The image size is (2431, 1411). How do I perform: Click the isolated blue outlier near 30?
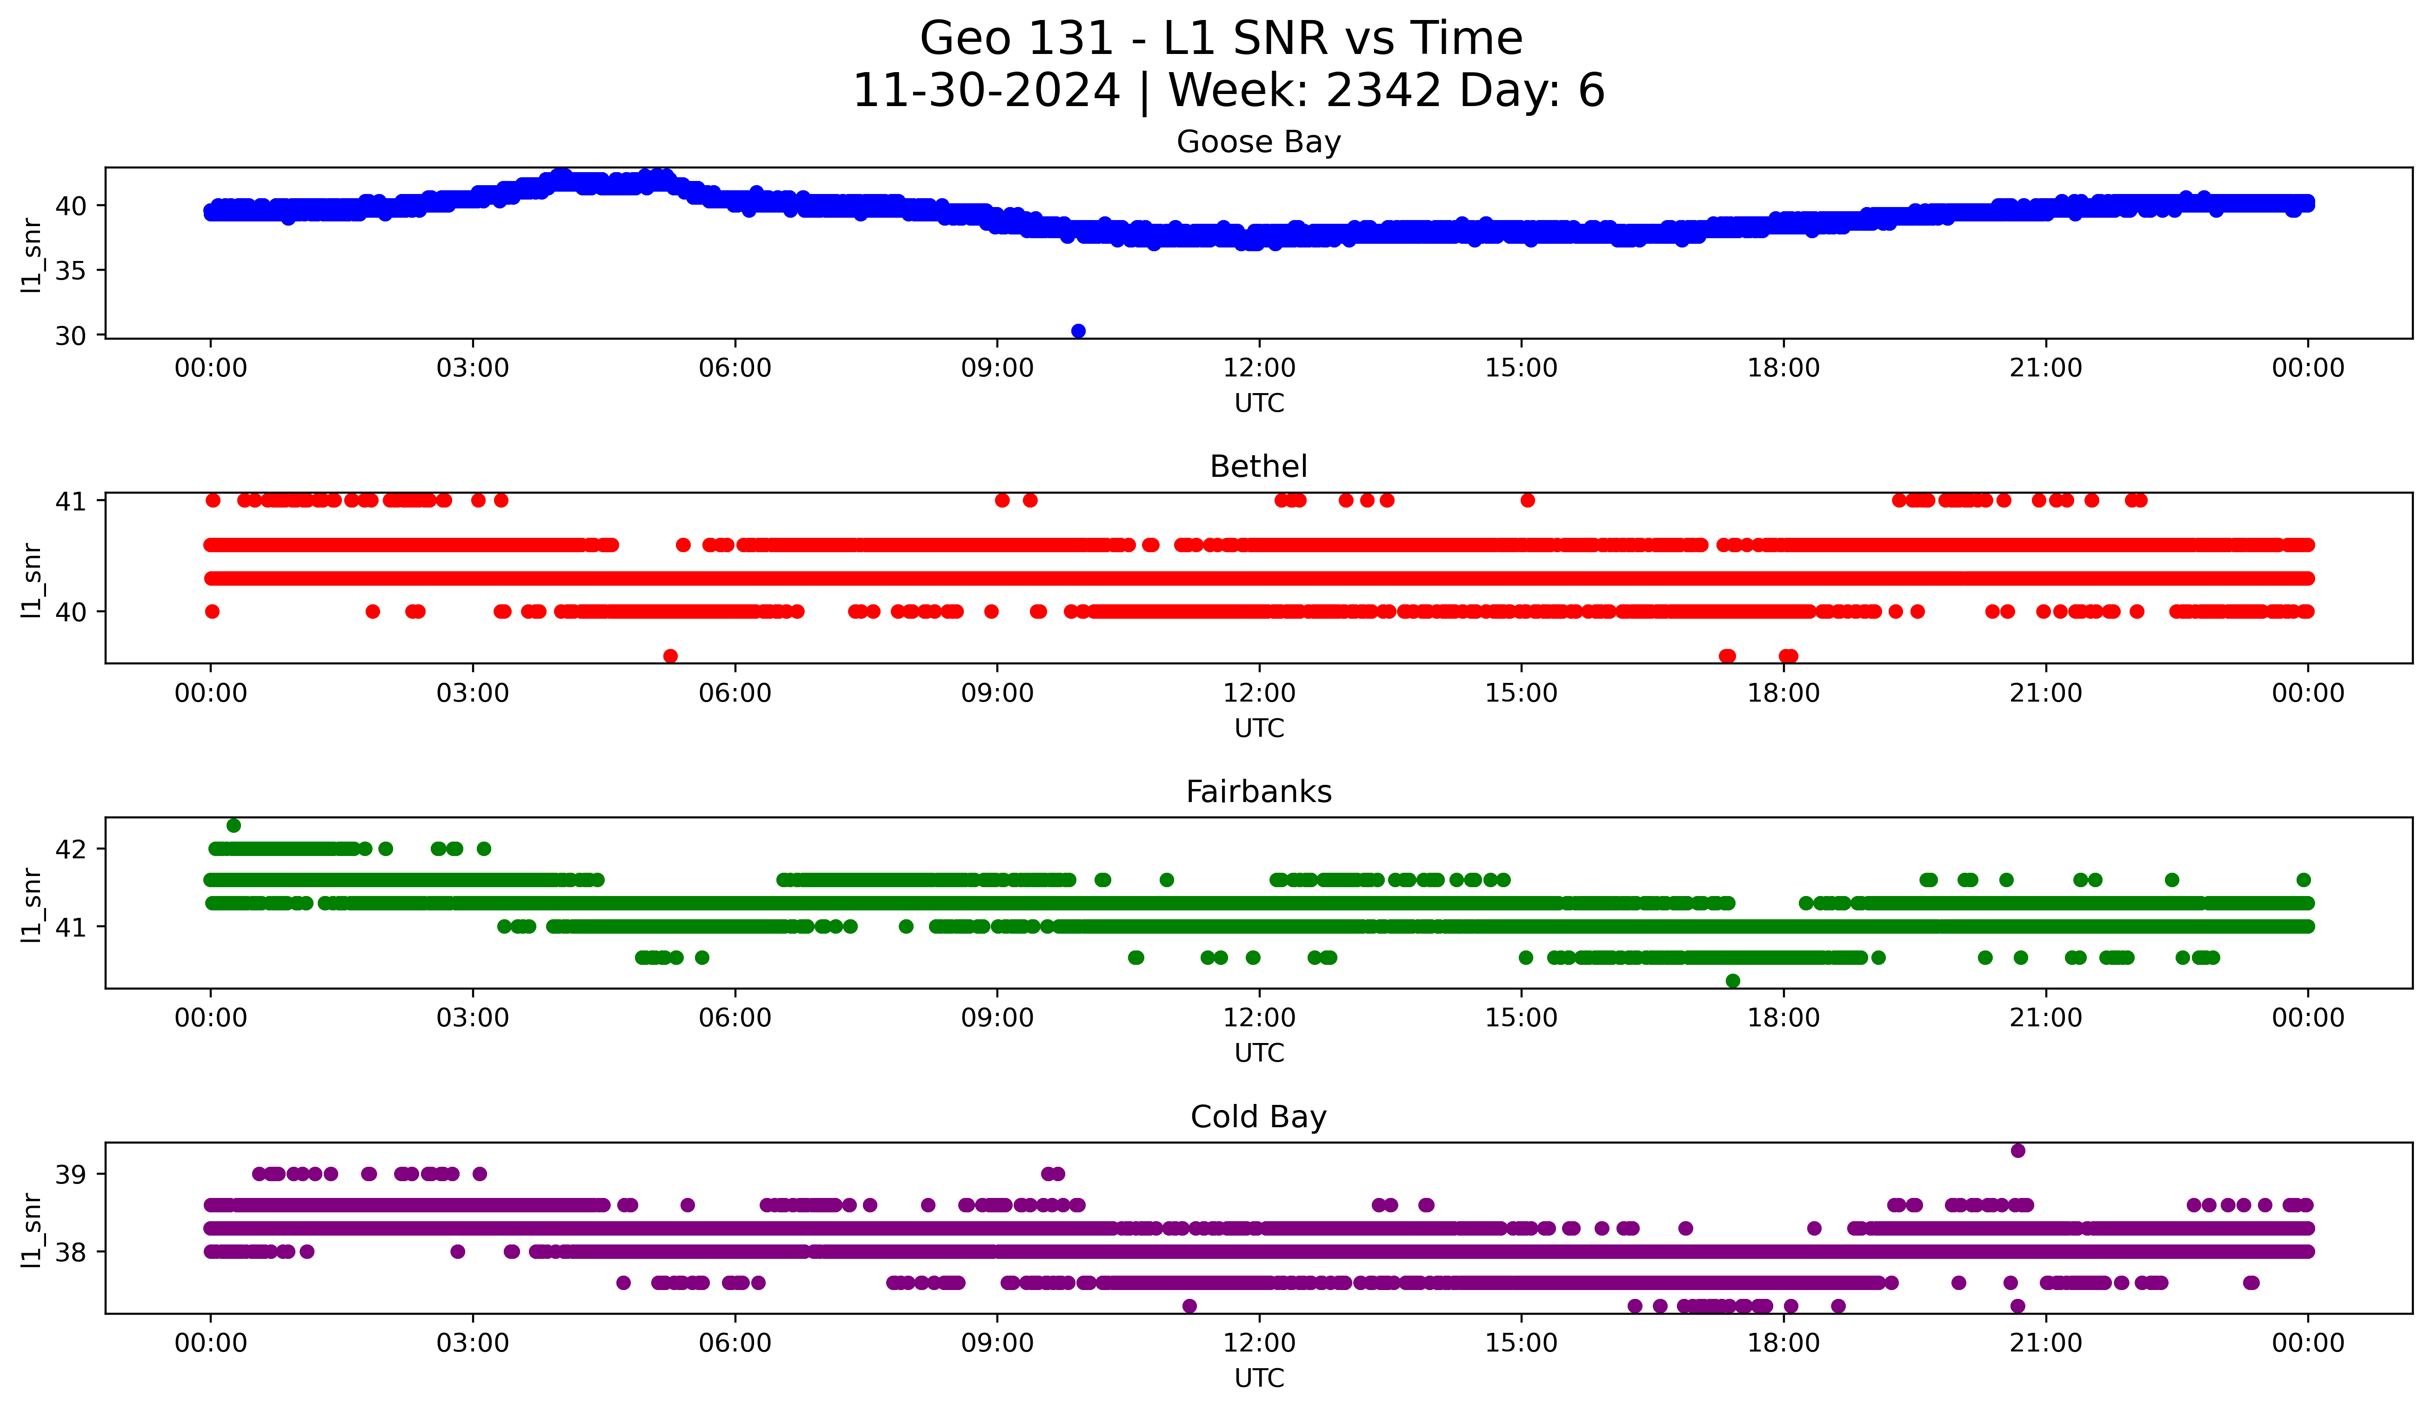pos(1079,331)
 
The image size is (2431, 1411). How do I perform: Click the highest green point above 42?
pos(234,826)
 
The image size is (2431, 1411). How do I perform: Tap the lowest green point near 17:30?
pos(1733,981)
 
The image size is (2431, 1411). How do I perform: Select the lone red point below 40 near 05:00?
pos(670,656)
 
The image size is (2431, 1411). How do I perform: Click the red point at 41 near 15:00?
pos(1527,500)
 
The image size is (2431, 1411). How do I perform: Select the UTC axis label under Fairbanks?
pos(1259,1053)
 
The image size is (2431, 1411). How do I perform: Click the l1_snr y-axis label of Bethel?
pos(32,579)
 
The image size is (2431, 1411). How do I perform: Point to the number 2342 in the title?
pos(1383,91)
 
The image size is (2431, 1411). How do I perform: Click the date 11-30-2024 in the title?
pos(986,91)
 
